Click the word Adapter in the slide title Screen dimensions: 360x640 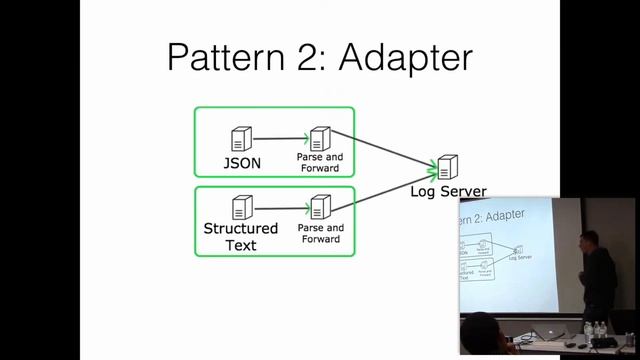[405, 57]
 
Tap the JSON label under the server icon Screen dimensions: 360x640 [242, 163]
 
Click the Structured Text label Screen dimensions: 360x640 [241, 236]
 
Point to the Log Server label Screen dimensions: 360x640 [449, 191]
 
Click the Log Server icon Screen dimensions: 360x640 [447, 167]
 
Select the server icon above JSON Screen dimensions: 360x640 [241, 139]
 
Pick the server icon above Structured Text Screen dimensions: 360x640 [241, 208]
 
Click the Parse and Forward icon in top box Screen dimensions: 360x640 [320, 139]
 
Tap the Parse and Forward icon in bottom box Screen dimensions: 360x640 [320, 208]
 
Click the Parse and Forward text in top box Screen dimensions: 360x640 [320, 162]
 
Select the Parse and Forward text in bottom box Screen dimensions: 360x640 [320, 233]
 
